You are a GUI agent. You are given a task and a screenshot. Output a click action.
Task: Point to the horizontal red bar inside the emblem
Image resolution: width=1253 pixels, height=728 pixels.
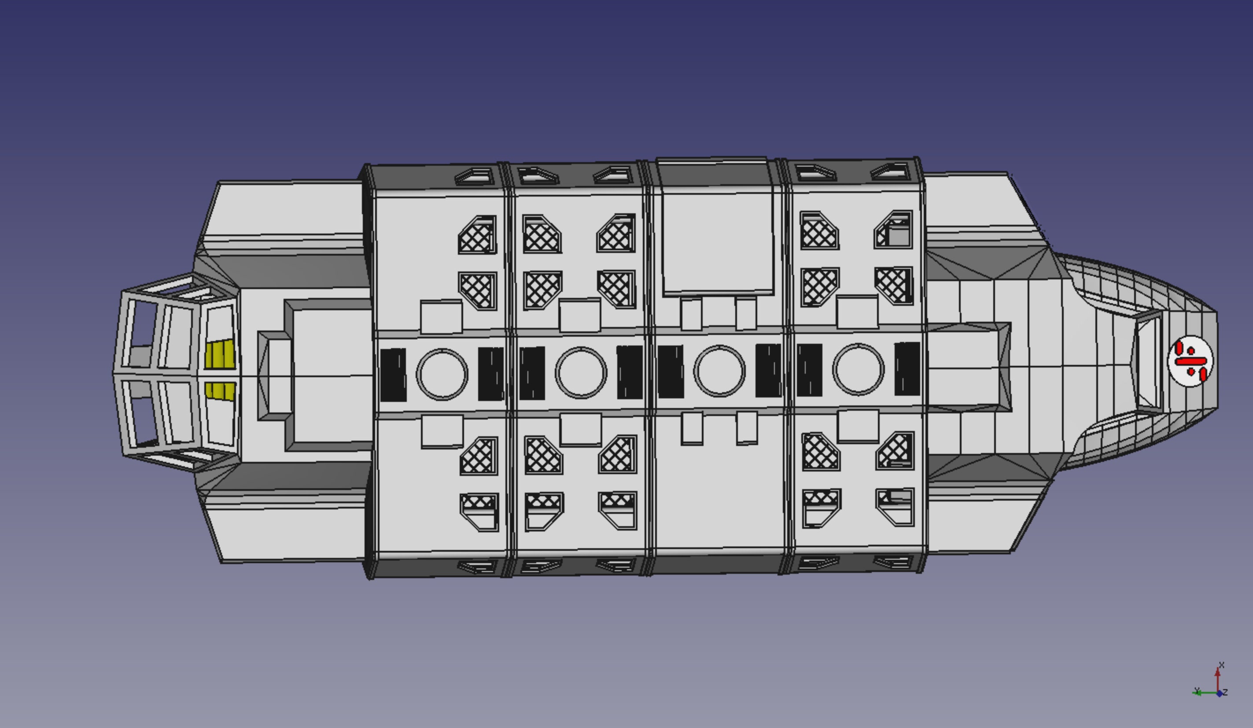click(1190, 361)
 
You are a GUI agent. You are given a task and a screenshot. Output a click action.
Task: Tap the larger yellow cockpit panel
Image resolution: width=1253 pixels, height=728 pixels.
click(220, 354)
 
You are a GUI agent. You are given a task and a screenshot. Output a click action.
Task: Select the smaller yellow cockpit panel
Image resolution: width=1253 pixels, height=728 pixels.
click(220, 391)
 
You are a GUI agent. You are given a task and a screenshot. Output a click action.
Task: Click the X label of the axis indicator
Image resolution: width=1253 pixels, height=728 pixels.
click(1222, 665)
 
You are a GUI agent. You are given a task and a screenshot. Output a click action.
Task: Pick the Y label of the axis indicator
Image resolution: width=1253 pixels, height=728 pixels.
click(1197, 690)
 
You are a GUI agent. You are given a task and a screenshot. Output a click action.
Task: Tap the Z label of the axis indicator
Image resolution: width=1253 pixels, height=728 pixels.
click(1225, 692)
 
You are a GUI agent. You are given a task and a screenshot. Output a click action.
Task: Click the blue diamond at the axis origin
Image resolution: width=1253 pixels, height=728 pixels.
click(1219, 694)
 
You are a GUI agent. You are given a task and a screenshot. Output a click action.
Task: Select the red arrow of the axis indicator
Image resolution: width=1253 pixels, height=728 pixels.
click(1218, 679)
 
